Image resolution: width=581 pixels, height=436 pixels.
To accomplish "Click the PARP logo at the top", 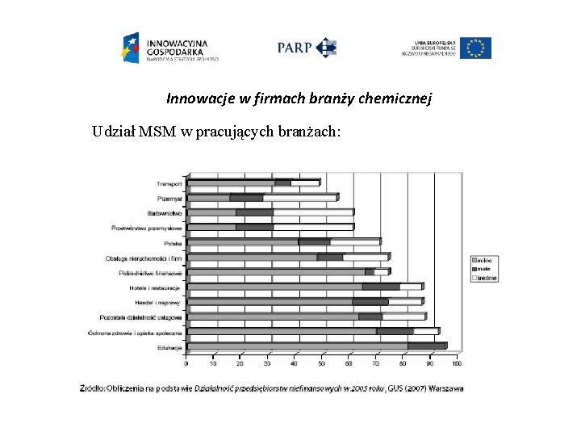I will [307, 48].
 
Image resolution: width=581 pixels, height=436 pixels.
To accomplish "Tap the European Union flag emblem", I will [478, 48].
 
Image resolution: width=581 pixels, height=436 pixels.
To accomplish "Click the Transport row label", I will [165, 183].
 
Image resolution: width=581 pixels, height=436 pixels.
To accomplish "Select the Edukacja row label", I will [169, 348].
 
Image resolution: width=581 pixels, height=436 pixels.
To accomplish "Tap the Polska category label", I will [173, 242].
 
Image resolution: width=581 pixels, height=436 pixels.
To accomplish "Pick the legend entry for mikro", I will [485, 261].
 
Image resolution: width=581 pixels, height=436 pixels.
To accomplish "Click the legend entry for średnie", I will [487, 278].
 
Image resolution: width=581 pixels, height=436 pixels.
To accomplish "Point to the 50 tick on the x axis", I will [322, 363].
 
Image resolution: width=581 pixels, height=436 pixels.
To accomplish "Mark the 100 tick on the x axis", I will [456, 363].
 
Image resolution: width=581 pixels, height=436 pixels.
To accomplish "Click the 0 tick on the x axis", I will [187, 363].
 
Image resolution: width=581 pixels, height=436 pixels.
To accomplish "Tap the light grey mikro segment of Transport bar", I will [231, 183].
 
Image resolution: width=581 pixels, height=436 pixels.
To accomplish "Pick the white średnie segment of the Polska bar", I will [354, 241].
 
